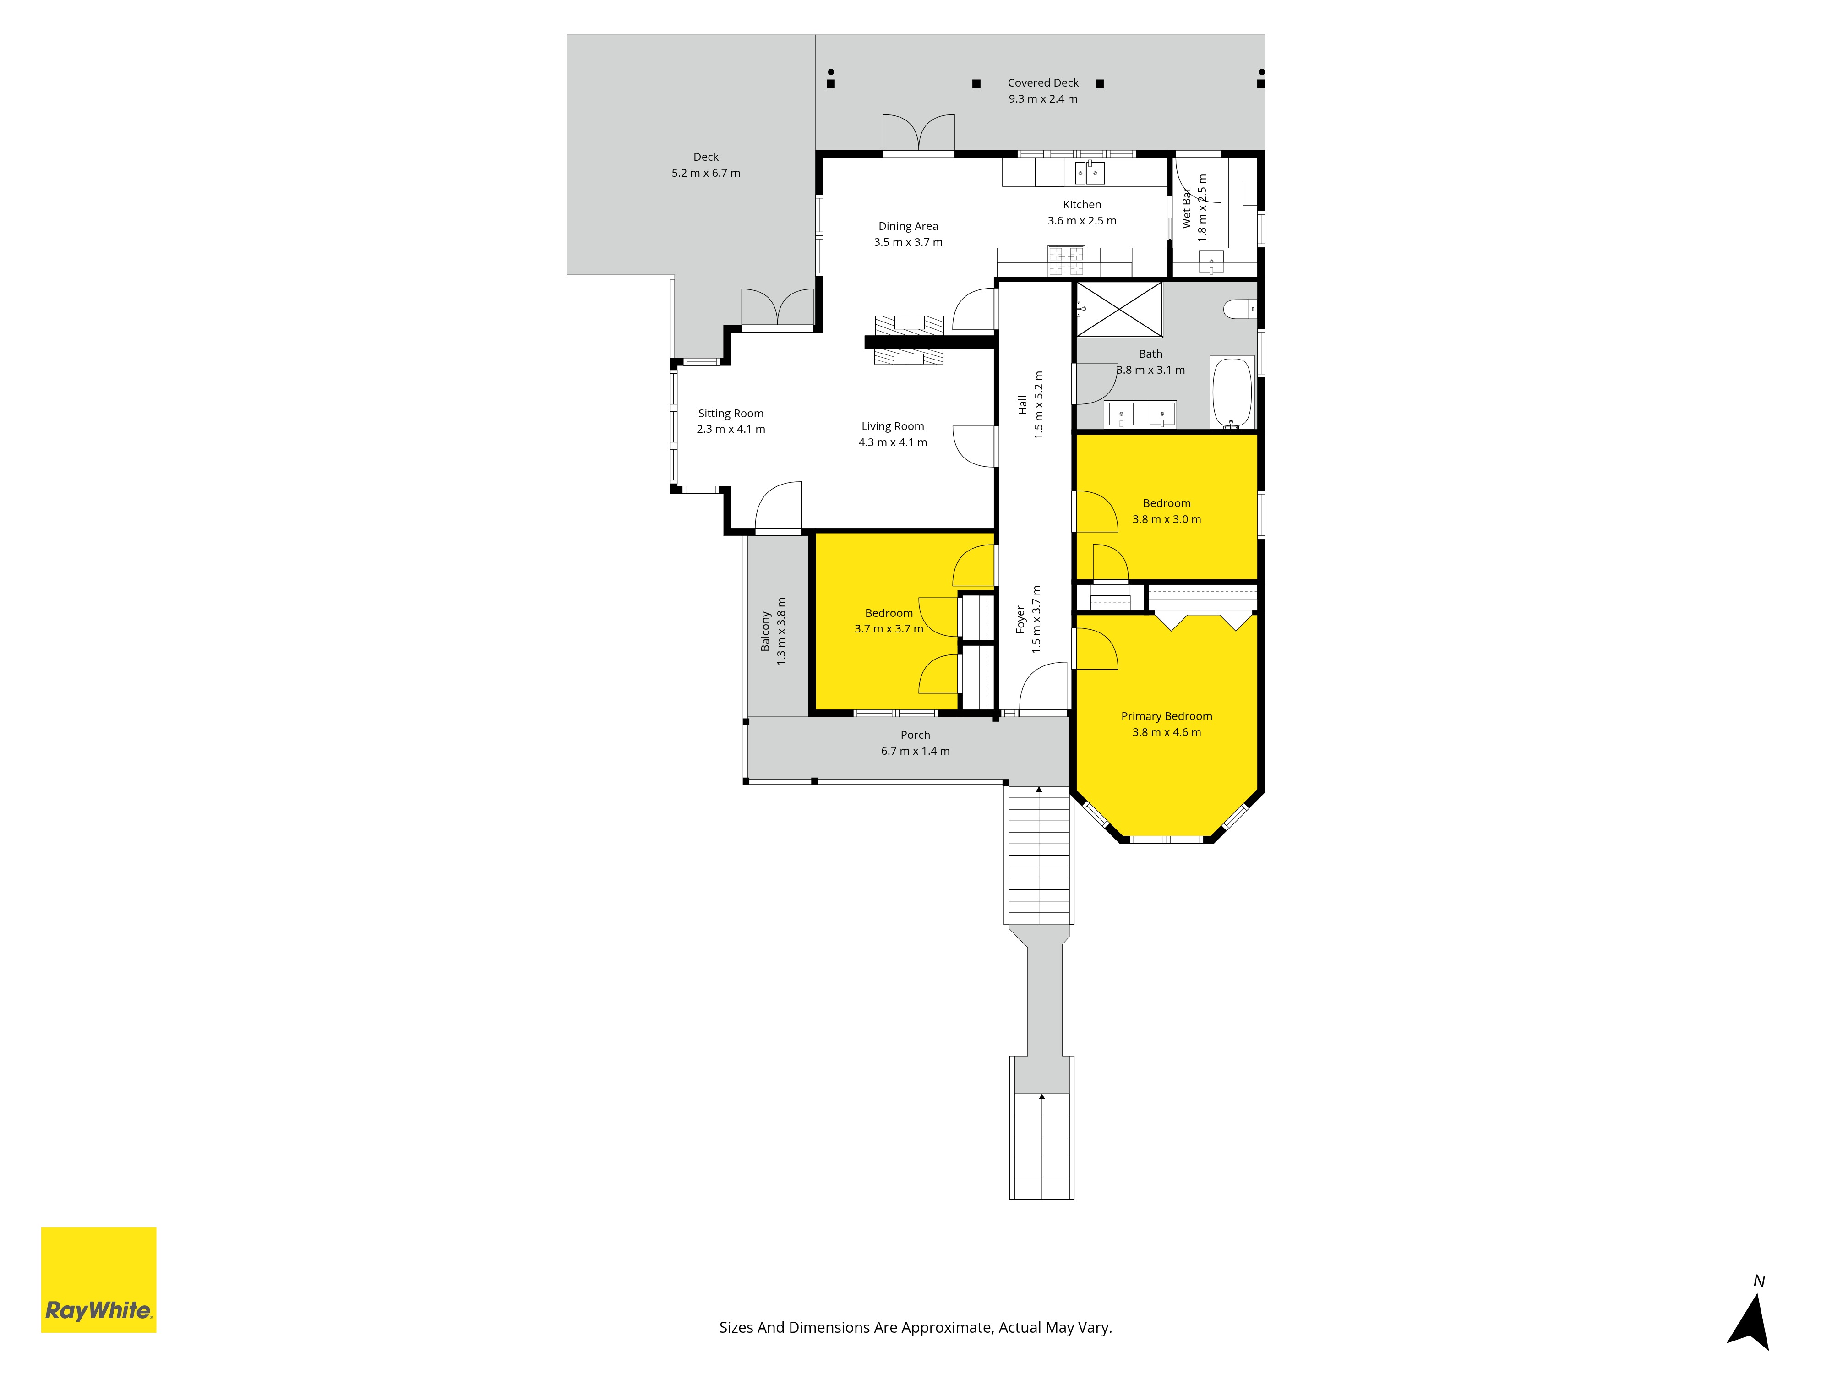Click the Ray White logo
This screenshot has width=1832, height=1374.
point(98,1280)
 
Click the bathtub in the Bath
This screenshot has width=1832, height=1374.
point(1232,393)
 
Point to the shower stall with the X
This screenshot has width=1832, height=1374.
point(1119,309)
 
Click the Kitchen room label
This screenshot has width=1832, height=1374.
point(1082,205)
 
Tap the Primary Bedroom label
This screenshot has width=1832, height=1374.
point(1166,716)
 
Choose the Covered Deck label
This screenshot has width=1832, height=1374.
point(1043,83)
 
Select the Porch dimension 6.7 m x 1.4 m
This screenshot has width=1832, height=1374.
point(915,751)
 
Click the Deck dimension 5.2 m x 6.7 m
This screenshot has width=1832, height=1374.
point(706,173)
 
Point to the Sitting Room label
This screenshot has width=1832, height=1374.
point(731,413)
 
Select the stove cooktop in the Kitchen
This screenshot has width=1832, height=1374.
point(1066,260)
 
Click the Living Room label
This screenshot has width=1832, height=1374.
point(893,426)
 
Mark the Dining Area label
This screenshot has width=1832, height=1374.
point(908,226)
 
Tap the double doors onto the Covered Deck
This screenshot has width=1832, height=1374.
point(918,134)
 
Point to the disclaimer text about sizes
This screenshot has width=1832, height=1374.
point(915,1328)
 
